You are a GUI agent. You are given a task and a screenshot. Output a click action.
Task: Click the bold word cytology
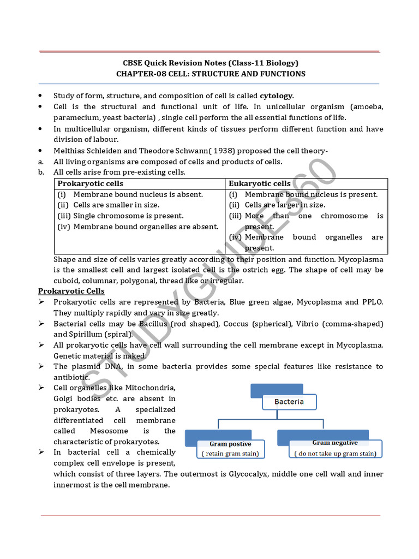click(276, 96)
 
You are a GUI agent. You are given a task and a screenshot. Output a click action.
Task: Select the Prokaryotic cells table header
click(91, 183)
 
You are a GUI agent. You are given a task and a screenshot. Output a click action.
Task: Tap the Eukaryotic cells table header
click(260, 183)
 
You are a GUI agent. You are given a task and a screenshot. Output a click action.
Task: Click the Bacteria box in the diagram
click(289, 402)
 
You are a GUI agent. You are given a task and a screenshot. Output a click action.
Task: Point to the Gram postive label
click(230, 444)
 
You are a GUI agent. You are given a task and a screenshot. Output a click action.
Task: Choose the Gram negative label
click(335, 443)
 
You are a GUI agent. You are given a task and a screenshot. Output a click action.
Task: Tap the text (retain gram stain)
click(230, 453)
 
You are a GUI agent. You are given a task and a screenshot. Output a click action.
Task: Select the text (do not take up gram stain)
click(335, 453)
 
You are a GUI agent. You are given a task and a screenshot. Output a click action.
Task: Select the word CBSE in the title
click(131, 63)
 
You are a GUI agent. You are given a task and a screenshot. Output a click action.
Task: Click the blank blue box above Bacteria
click(276, 390)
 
